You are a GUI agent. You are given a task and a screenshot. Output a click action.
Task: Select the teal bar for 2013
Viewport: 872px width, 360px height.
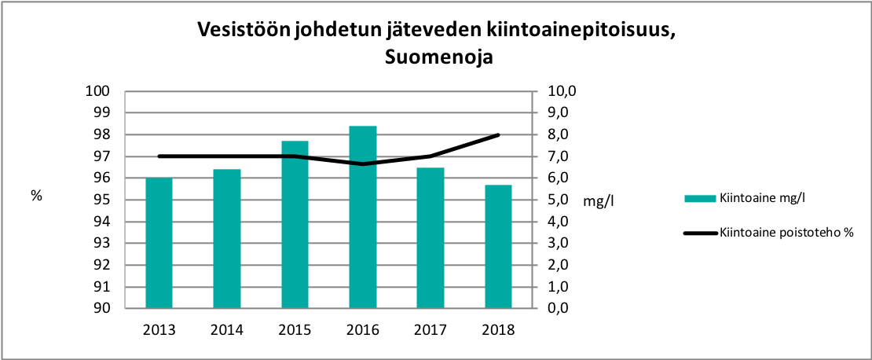[x=159, y=243]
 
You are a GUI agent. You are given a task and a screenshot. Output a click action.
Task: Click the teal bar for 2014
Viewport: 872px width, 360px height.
[x=227, y=239]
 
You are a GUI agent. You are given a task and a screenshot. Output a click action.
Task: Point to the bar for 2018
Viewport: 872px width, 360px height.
[x=499, y=247]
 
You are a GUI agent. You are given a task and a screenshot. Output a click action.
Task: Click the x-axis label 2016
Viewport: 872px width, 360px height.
[x=363, y=329]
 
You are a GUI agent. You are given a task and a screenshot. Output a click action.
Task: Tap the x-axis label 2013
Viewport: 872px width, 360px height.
[x=159, y=329]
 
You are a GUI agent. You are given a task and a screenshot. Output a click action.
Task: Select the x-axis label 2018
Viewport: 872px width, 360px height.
[x=499, y=329]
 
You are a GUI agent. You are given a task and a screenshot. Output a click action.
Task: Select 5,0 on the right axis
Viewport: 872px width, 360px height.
[x=560, y=200]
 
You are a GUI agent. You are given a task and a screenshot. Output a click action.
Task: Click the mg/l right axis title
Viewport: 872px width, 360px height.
[x=599, y=201]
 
